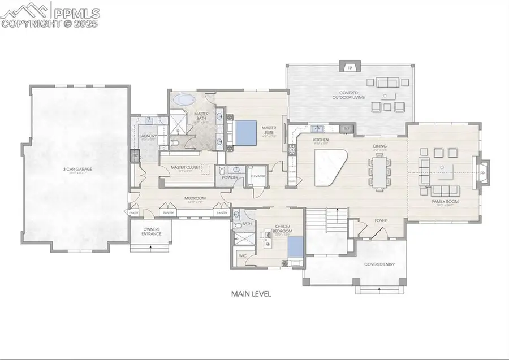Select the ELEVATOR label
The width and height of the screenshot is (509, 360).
(x=258, y=176)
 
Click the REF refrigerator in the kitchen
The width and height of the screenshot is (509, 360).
(x=347, y=128)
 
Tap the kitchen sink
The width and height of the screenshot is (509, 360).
(x=317, y=128)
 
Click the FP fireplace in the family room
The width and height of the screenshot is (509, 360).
(x=482, y=172)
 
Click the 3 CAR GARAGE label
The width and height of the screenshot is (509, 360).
(x=78, y=169)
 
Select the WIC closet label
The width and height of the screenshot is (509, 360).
(x=243, y=256)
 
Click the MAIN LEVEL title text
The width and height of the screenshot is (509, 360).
(x=251, y=294)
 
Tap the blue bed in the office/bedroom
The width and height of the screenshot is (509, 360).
(x=295, y=247)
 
